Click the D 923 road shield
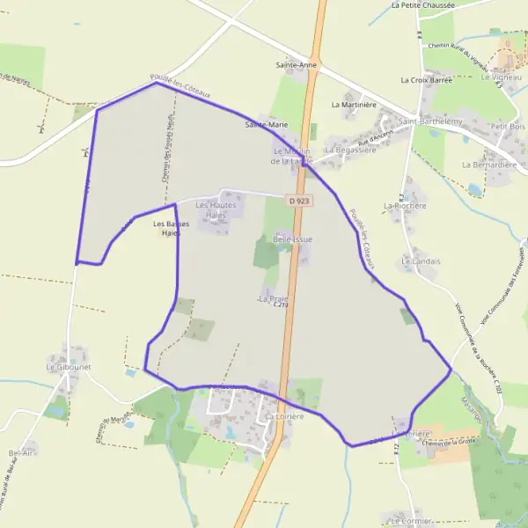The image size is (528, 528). tap(300, 202)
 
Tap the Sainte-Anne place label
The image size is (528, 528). tap(296, 65)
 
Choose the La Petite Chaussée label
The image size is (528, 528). tap(423, 4)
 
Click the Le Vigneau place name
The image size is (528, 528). tap(502, 77)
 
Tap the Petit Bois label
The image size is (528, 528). tap(508, 126)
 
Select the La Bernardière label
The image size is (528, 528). tap(488, 165)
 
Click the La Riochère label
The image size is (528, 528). tap(405, 206)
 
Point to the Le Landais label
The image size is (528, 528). tap(420, 261)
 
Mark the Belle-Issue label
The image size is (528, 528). tap(293, 238)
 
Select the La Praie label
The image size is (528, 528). tap(275, 299)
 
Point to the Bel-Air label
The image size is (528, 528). tap(20, 452)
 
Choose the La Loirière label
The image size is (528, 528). tap(283, 416)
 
